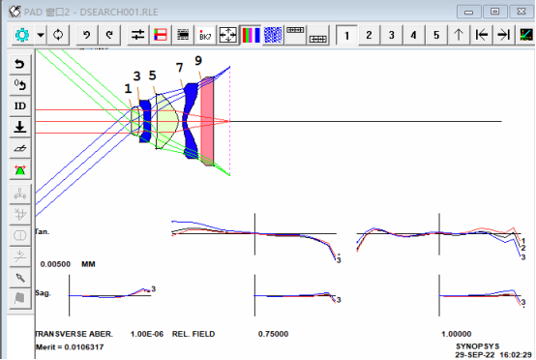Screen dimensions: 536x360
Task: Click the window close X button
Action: pyautogui.click(x=521, y=12)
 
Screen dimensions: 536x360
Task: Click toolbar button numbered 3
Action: pyautogui.click(x=392, y=35)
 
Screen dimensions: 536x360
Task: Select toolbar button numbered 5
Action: pyautogui.click(x=436, y=35)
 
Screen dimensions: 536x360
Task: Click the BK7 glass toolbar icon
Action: pyautogui.click(x=205, y=35)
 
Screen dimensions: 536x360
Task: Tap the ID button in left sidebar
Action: pyautogui.click(x=19, y=106)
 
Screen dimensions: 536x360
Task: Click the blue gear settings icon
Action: pyautogui.click(x=22, y=35)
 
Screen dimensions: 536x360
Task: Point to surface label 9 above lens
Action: pyautogui.click(x=198, y=61)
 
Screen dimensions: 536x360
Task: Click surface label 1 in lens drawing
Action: pyautogui.click(x=128, y=89)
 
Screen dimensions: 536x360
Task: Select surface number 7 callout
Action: pyautogui.click(x=179, y=68)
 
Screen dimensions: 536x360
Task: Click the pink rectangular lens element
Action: pyautogui.click(x=207, y=121)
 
